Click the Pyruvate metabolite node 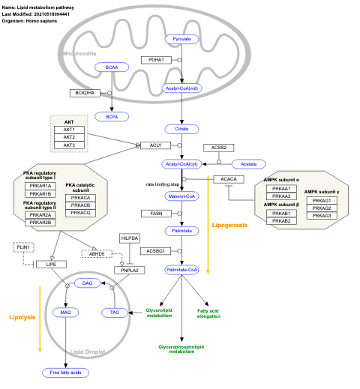(x=181, y=38)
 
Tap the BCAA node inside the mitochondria (x=112, y=67)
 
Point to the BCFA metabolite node (x=112, y=116)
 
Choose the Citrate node (x=181, y=129)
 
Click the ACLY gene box (x=156, y=145)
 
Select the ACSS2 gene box (x=219, y=148)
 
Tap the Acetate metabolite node (x=248, y=163)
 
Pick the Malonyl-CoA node (x=181, y=196)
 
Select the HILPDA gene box (x=130, y=238)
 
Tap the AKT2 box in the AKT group (x=69, y=137)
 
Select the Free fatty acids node (x=65, y=372)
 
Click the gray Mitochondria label (x=78, y=54)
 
